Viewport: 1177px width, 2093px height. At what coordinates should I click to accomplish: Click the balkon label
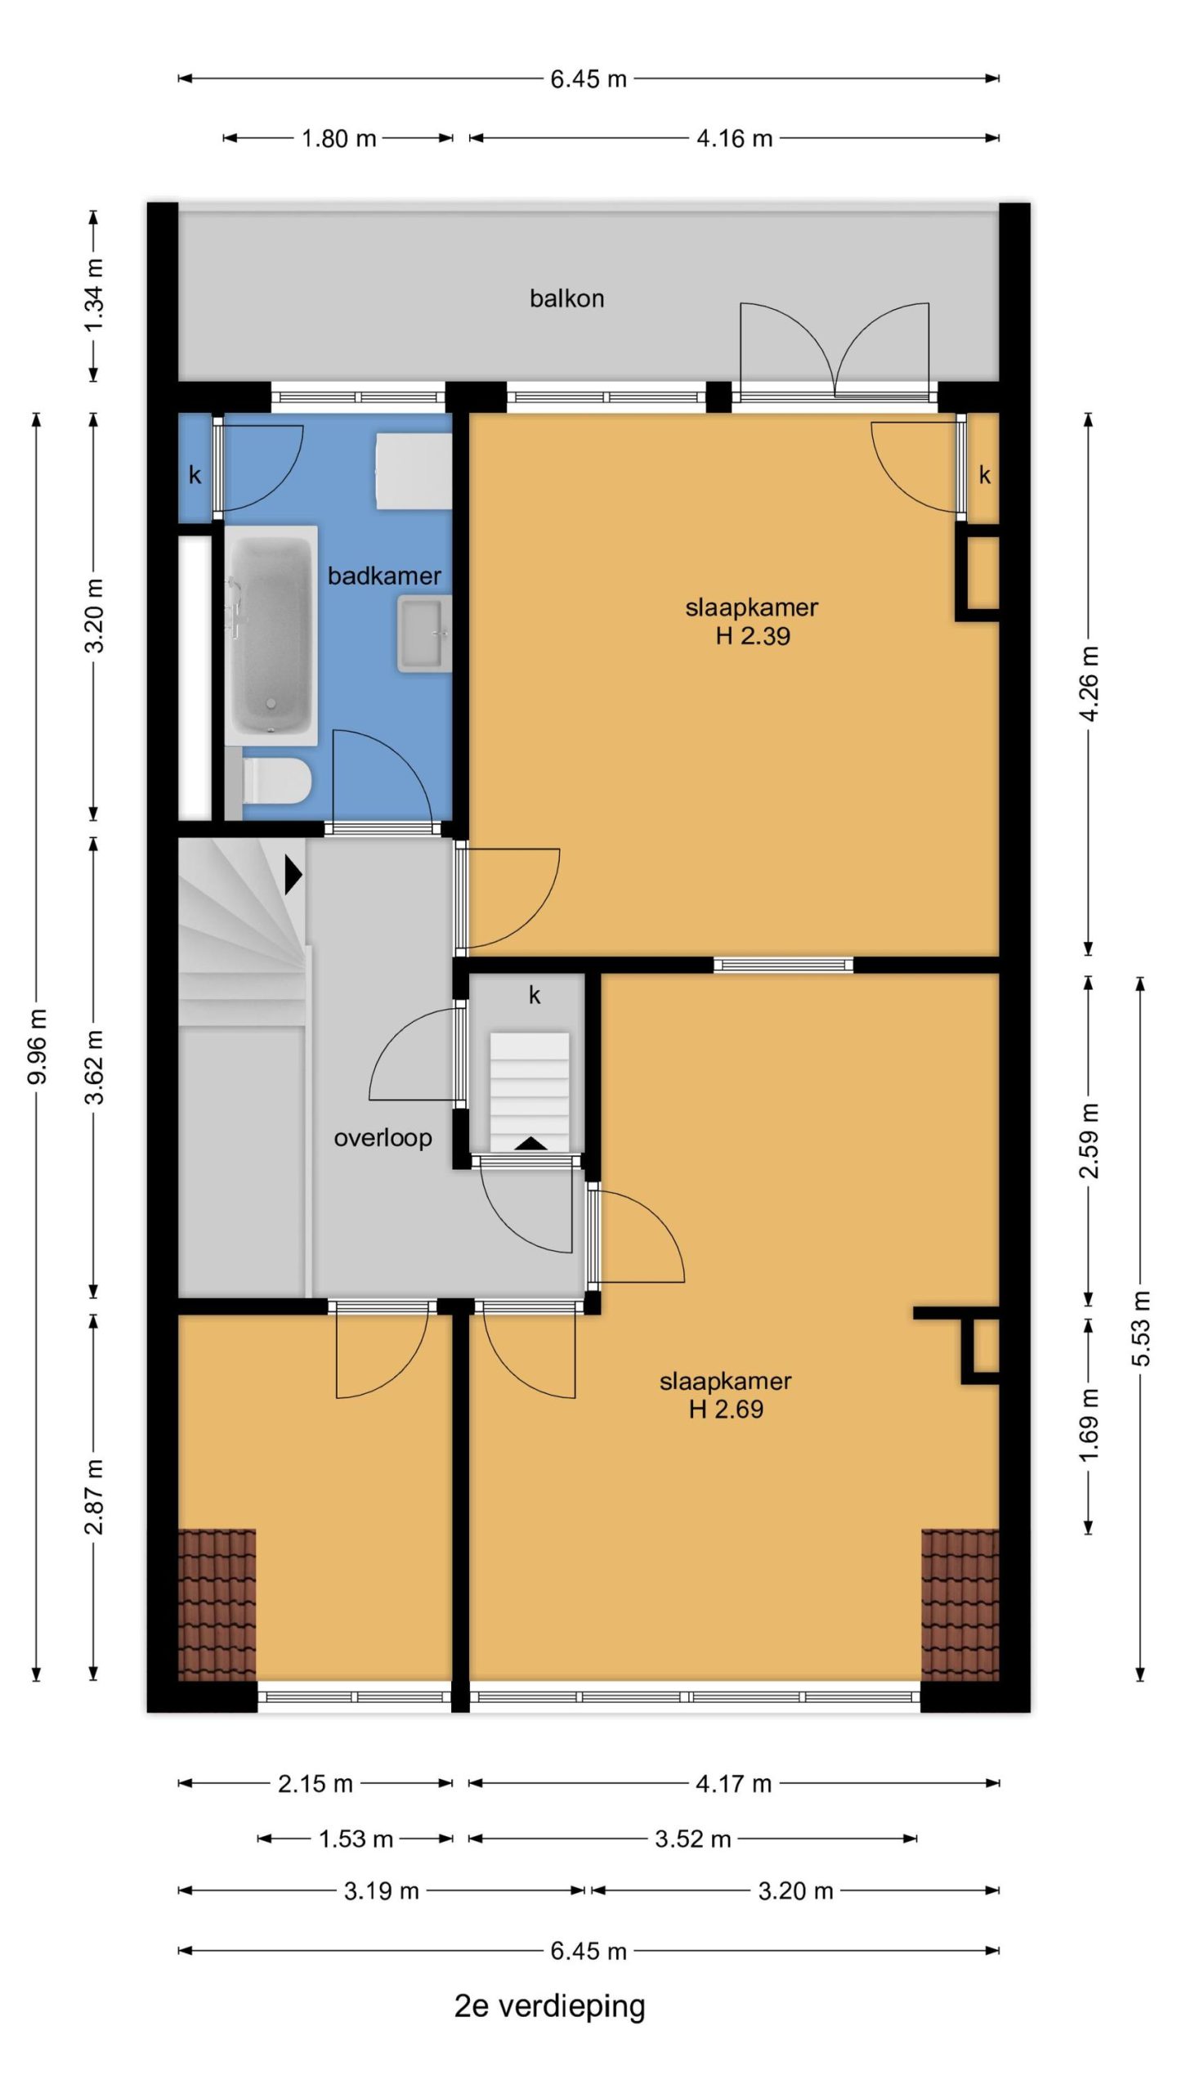(566, 298)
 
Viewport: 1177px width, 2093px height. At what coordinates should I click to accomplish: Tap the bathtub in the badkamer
(271, 635)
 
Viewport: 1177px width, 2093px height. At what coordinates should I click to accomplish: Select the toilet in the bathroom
(275, 780)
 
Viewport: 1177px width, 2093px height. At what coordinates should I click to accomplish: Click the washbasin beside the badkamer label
(425, 634)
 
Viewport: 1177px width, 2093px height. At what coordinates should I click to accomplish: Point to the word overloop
(383, 1138)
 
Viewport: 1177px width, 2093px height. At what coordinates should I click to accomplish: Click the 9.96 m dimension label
(37, 1046)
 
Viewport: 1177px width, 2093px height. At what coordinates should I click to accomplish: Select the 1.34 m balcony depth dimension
(94, 295)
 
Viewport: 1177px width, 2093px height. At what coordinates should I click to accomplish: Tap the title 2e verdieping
(549, 2006)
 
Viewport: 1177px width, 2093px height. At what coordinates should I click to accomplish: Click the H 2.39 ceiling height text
(753, 636)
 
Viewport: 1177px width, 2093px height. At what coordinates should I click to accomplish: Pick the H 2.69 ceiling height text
(726, 1410)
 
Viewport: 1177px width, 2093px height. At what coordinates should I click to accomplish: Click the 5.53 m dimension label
(1141, 1329)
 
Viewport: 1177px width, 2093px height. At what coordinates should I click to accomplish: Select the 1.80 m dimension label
(338, 138)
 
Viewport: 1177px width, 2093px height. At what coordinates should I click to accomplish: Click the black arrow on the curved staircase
(293, 875)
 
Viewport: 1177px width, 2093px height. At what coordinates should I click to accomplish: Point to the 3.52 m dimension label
(692, 1839)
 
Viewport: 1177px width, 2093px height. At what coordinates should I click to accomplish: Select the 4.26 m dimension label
(1089, 683)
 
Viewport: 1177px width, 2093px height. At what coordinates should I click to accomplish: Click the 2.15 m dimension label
(315, 1783)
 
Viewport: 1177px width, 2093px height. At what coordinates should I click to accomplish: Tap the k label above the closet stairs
(535, 995)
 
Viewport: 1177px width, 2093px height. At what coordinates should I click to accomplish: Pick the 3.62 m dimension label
(94, 1067)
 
